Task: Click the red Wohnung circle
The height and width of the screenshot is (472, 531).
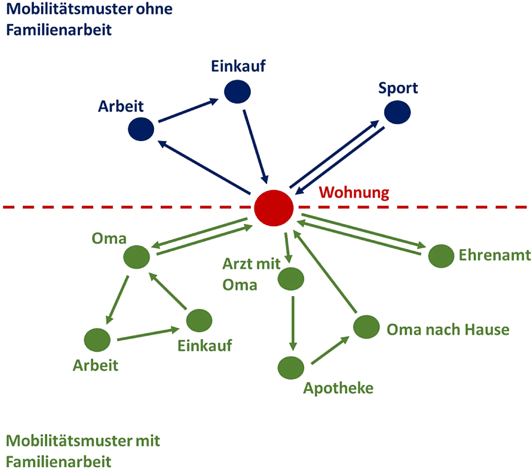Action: click(273, 207)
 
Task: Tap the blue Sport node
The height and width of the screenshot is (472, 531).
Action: click(398, 112)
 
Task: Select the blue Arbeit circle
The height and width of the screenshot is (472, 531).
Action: click(141, 128)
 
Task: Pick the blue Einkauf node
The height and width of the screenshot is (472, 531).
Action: click(237, 92)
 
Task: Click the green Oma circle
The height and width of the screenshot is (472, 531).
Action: click(136, 257)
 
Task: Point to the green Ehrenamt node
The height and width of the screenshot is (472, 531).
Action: click(441, 256)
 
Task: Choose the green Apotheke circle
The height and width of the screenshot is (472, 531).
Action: click(291, 367)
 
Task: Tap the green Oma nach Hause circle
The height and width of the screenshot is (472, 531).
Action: click(367, 327)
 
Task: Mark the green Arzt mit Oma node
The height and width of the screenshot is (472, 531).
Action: click(291, 279)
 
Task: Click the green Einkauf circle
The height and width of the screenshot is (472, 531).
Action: click(199, 320)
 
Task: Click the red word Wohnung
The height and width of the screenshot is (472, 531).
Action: click(354, 192)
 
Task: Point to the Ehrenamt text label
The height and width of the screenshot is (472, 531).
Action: click(495, 256)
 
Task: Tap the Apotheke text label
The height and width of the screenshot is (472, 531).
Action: click(338, 389)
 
